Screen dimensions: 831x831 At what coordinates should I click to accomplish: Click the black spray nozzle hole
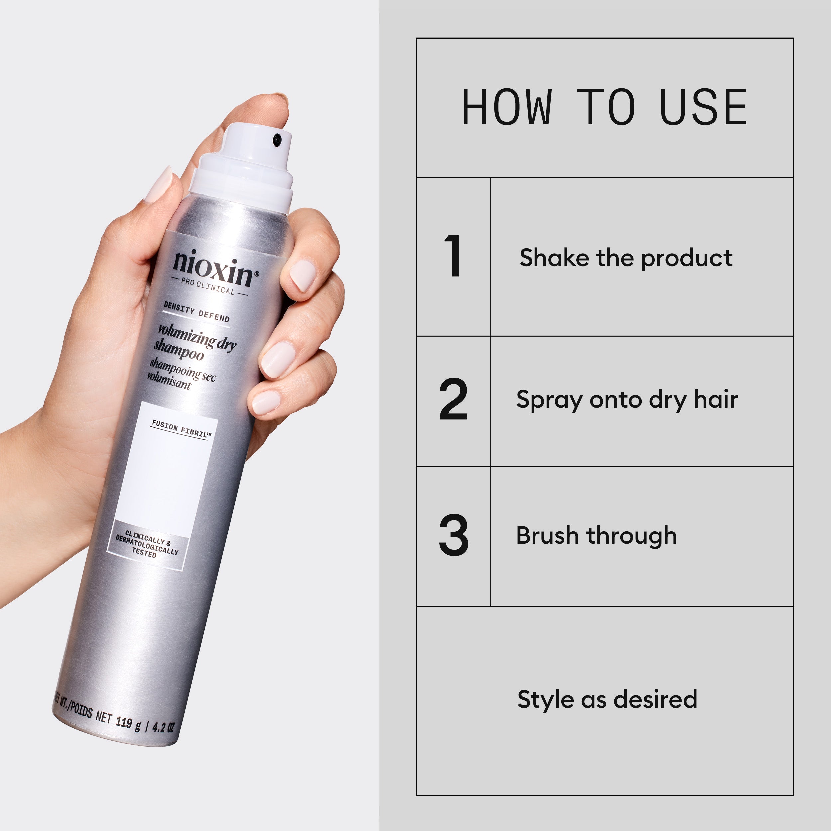tap(277, 139)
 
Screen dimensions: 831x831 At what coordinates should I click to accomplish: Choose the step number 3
tap(453, 535)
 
